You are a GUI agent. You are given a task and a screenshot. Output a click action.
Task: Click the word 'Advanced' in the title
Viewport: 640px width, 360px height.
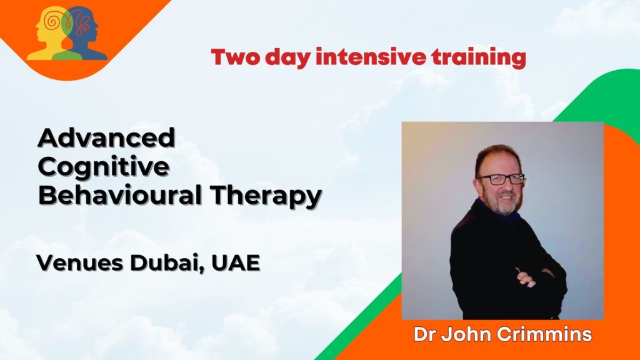tap(106, 137)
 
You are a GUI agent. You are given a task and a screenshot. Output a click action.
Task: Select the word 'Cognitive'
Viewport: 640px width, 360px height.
tap(103, 167)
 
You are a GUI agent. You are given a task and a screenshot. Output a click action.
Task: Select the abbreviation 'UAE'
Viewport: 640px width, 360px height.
tap(236, 263)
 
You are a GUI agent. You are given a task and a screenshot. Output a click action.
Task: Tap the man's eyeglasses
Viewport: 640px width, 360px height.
tap(500, 179)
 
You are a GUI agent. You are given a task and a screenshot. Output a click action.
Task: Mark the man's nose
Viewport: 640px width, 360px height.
tap(503, 187)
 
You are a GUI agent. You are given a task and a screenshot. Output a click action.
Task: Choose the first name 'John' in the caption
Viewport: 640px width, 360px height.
tap(463, 334)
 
